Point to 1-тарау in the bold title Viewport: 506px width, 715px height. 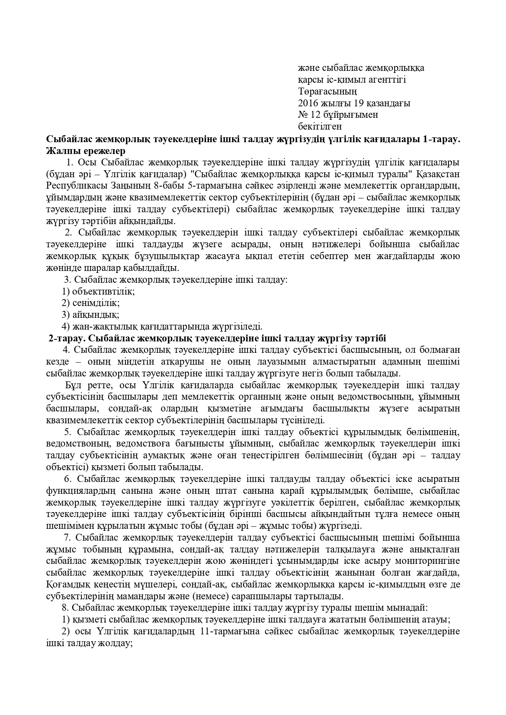(x=441, y=139)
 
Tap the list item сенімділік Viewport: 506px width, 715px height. (x=96, y=303)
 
